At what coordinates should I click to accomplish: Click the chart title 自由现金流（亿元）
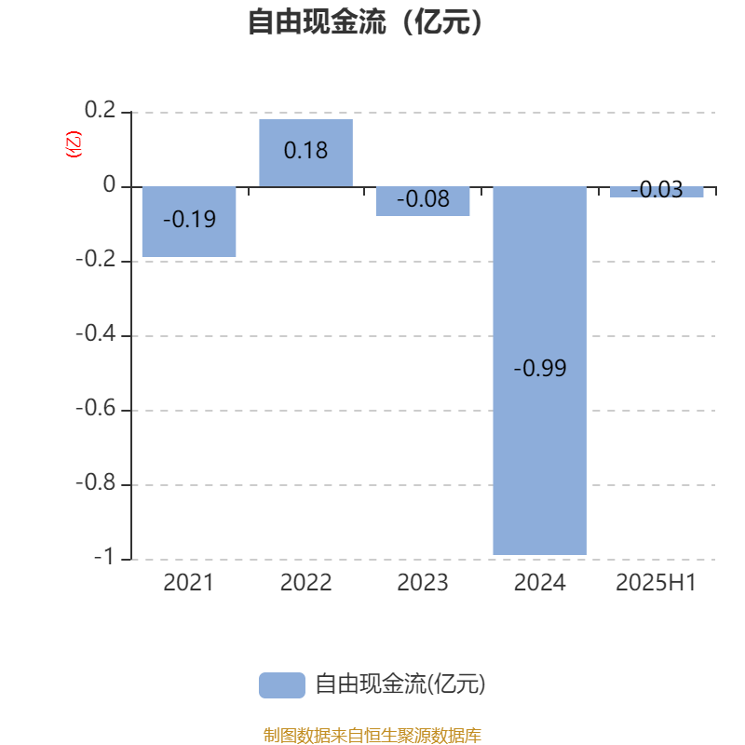tap(365, 21)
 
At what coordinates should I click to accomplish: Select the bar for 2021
tap(189, 222)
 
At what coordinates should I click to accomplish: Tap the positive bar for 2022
tap(306, 153)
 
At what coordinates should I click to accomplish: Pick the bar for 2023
tap(423, 201)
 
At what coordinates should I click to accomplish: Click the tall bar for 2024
tap(540, 371)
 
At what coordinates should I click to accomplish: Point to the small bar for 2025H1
tap(657, 192)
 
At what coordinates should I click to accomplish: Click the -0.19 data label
tap(190, 220)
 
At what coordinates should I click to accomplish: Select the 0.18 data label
tap(306, 151)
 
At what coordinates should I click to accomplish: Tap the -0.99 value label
tap(540, 368)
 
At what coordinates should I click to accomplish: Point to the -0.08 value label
tap(424, 198)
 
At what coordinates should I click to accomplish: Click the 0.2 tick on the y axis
tap(100, 110)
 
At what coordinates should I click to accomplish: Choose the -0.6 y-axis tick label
tap(96, 408)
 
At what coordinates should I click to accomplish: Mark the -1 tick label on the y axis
tap(104, 557)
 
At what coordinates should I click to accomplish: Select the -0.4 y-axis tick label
tap(96, 333)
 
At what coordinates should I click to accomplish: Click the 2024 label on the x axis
tap(540, 583)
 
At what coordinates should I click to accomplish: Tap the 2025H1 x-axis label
tap(657, 583)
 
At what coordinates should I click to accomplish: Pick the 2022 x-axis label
tap(306, 583)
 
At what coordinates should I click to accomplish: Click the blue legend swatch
tap(282, 685)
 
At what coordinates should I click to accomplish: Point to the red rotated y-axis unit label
tap(74, 144)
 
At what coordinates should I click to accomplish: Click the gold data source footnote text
tap(372, 736)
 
